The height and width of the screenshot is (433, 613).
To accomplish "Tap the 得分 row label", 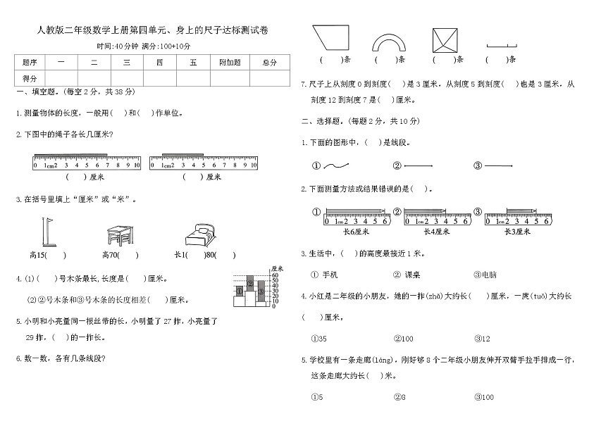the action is coord(30,78).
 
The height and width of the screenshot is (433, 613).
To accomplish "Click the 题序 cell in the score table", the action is coord(30,62).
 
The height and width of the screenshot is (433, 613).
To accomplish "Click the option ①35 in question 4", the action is coord(318,338).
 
